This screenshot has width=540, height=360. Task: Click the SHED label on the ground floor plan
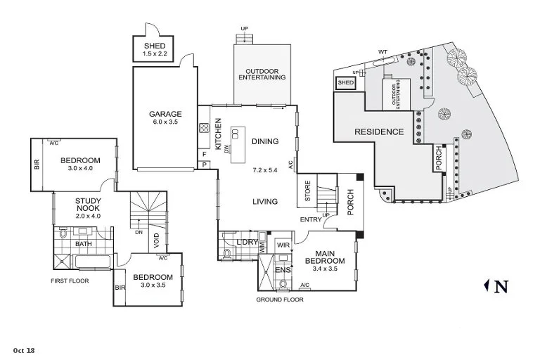155,46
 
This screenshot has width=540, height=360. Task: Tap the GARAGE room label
165,114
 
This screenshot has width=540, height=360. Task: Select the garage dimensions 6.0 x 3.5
165,122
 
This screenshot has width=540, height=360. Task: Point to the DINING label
264,141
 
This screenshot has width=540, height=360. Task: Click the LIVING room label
265,202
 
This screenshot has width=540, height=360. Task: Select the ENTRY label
310,219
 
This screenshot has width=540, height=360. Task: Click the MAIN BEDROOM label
324,258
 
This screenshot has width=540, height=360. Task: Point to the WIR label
284,245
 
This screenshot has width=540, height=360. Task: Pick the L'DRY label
247,243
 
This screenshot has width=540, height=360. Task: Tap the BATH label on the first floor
84,244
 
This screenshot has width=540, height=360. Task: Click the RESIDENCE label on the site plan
378,131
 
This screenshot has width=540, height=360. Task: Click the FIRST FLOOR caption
72,281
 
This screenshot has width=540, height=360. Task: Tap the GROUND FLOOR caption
279,300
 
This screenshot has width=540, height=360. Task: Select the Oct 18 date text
23,349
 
